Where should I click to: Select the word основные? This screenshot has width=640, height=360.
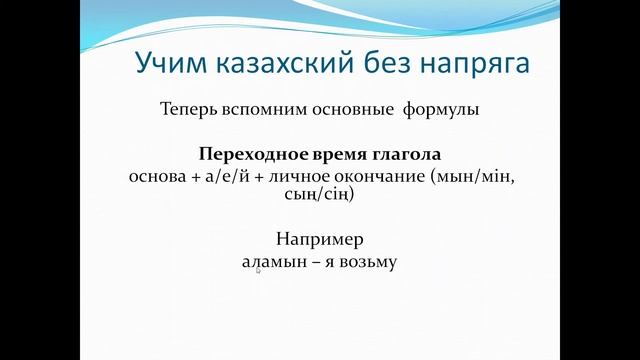[350, 109]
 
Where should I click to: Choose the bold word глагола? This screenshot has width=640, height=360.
[404, 156]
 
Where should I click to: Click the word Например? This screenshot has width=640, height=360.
[319, 240]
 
